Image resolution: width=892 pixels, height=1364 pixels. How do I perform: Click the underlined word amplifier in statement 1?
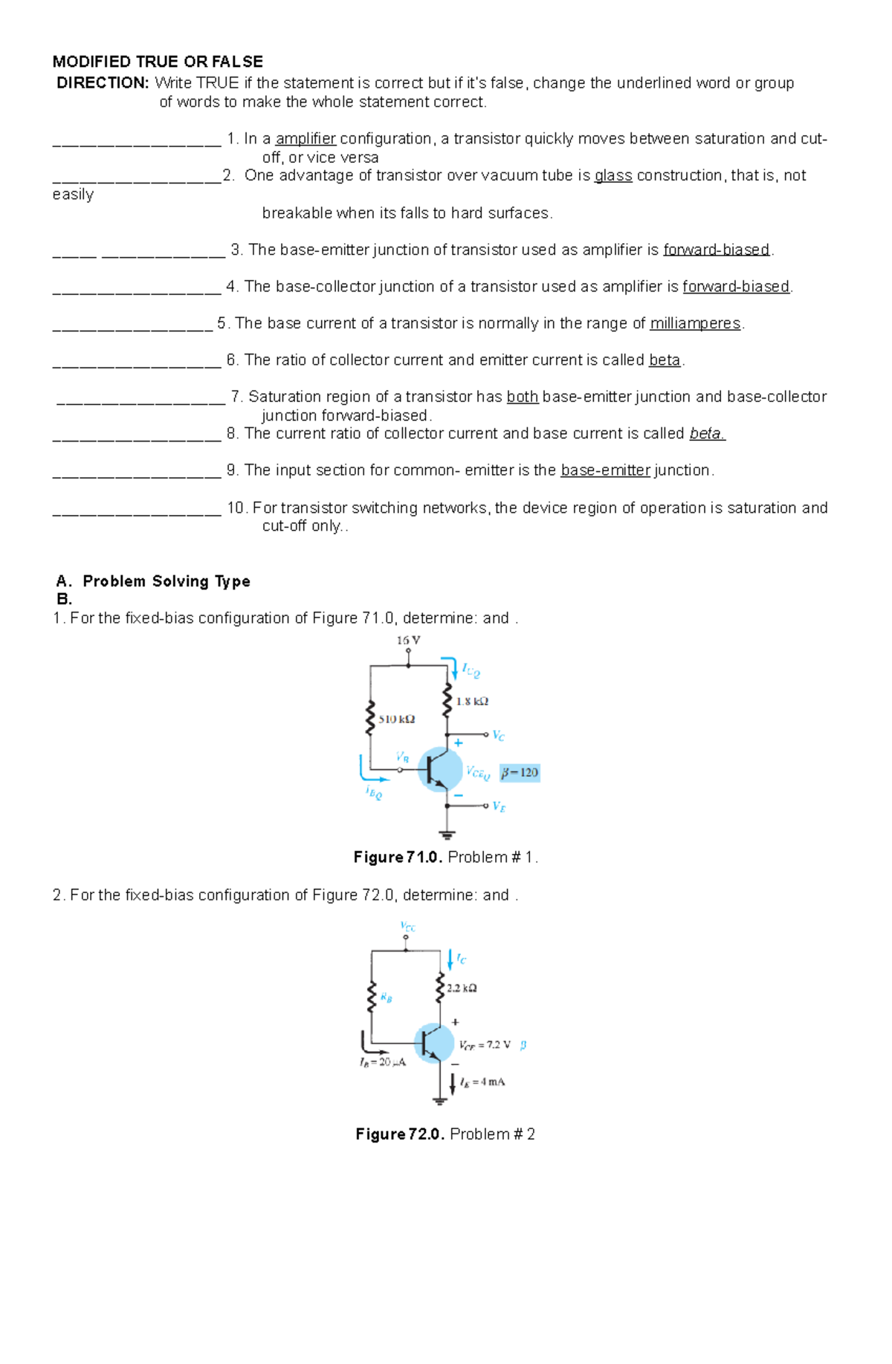(306, 139)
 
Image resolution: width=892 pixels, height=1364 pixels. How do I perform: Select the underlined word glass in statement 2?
(613, 175)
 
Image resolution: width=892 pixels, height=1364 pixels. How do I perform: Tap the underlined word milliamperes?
(695, 323)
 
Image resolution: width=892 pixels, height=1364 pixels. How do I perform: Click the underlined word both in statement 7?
(523, 397)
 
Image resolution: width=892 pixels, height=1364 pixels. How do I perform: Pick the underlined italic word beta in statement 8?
(707, 433)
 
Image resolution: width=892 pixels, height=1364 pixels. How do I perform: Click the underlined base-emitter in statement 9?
(605, 471)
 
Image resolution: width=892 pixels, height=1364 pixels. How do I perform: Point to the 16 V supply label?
(408, 640)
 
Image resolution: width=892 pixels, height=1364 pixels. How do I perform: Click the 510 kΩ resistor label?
(396, 719)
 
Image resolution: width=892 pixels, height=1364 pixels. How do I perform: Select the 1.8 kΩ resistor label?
(472, 701)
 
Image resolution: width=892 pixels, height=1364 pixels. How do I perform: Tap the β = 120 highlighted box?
(520, 773)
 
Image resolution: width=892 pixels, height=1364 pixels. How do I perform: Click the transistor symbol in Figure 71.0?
(440, 770)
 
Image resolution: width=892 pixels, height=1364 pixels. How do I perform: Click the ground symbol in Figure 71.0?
(447, 834)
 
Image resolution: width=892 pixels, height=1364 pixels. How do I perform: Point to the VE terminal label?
(499, 807)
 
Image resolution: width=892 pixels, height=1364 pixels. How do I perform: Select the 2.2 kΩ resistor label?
(462, 988)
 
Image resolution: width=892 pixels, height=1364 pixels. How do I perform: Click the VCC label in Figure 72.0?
(407, 927)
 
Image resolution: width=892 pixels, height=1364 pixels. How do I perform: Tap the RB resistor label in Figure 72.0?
(386, 998)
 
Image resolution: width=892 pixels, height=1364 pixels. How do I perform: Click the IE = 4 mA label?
(482, 1082)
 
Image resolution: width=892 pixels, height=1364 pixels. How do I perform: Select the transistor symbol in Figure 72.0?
(433, 1043)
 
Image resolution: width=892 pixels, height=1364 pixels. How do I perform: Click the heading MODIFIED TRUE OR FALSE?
(158, 62)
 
